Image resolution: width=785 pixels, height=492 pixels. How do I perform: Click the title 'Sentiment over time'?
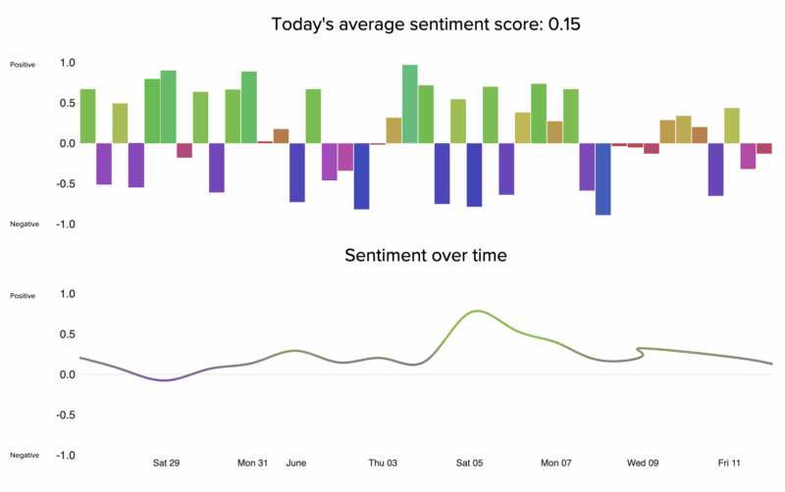pos(425,257)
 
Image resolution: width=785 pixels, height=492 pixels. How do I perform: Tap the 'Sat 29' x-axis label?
pos(167,463)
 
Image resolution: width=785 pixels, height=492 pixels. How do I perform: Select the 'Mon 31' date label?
pos(252,463)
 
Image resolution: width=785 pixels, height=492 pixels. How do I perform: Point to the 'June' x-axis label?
pos(297,463)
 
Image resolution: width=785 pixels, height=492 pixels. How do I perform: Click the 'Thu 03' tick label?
pos(383,463)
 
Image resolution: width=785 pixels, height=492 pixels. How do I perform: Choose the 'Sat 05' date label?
pos(470,463)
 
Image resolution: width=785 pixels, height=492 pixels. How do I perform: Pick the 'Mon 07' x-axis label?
pos(556,463)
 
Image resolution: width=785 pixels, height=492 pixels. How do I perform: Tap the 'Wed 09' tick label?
pos(643,463)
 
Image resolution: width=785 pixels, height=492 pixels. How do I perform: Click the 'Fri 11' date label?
pos(729,463)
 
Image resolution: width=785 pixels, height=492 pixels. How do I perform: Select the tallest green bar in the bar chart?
pos(410,104)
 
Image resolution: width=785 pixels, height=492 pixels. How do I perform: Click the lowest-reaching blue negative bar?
pos(603,178)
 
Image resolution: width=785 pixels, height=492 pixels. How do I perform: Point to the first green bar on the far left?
pos(87,116)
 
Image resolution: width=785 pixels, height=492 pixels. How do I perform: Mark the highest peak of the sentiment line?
pos(477,311)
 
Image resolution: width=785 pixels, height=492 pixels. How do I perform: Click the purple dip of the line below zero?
pos(165,379)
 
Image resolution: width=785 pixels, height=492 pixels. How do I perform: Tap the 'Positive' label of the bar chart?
pos(23,65)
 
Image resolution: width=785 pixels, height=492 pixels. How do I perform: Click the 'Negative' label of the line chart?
pos(25,456)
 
